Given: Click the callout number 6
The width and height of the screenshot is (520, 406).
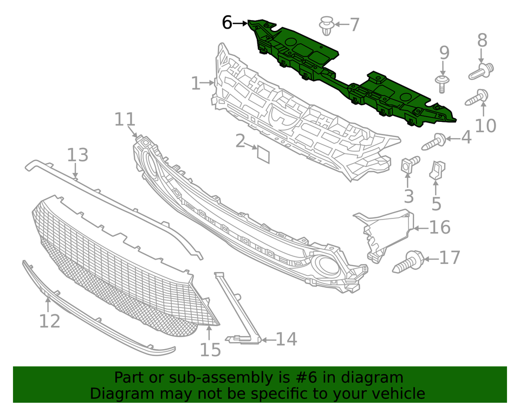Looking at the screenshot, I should [x=227, y=23].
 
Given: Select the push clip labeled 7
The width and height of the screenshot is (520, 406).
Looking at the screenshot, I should [x=326, y=25].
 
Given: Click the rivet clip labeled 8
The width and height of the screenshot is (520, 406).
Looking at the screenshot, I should [x=482, y=70].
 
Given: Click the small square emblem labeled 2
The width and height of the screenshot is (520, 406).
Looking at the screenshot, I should [x=263, y=154].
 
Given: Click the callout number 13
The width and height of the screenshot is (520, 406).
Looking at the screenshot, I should [x=77, y=156].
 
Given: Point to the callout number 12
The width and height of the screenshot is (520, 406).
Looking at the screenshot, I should [x=49, y=321].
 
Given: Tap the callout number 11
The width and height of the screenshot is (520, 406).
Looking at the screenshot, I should [x=125, y=119].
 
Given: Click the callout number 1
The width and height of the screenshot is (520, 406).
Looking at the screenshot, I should [x=196, y=83].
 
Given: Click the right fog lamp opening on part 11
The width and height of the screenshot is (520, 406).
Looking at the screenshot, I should [x=327, y=266].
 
